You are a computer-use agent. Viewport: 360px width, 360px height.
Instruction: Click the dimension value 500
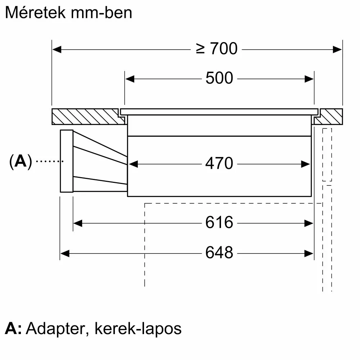click(219, 78)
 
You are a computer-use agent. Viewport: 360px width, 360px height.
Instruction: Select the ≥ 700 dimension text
click(217, 49)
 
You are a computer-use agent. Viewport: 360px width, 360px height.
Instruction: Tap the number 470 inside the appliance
click(219, 164)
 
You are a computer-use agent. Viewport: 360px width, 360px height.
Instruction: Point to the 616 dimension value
click(219, 223)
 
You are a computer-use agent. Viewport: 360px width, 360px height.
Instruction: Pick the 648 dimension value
click(219, 253)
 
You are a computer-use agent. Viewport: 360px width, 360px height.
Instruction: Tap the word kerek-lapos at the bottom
click(138, 328)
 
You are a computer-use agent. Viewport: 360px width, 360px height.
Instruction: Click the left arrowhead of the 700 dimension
click(57, 49)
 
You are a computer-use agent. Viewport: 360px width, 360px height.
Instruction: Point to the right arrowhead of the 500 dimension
click(310, 78)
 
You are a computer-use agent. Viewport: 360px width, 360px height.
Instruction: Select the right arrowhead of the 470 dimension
click(306, 164)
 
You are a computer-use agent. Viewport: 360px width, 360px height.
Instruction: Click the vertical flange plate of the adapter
click(67, 161)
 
